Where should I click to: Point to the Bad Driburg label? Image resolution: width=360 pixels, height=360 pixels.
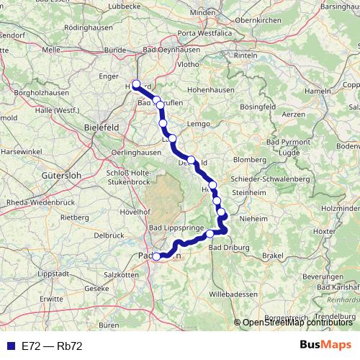coord(229,248)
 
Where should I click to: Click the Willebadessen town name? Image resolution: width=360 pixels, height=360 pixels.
coord(232,294)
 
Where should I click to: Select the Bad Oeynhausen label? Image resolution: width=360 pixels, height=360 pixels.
coord(173,50)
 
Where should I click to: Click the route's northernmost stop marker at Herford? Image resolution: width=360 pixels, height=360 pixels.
coord(136,84)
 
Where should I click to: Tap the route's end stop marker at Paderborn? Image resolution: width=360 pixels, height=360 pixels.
coord(156,256)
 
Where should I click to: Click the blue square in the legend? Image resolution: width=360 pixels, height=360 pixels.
coord(9,346)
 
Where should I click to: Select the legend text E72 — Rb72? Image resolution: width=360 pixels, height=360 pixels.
coord(52,346)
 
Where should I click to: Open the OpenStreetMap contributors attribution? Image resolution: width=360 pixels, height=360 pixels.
coord(297,323)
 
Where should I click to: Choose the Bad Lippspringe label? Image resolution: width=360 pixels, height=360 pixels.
coord(177,228)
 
